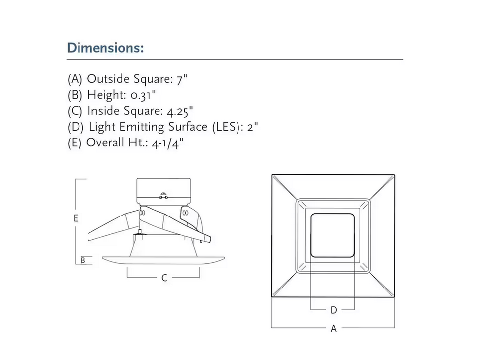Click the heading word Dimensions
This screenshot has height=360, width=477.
pos(105,48)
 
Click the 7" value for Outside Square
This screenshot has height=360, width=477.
pos(182,79)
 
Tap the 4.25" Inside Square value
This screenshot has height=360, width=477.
pos(180,111)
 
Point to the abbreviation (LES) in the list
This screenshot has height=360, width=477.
pos(227,127)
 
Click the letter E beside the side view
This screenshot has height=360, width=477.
pos(76,218)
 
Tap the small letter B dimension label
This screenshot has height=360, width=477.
pos(83,260)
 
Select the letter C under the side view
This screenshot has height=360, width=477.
pos(164,278)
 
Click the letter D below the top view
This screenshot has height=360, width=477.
pos(334,310)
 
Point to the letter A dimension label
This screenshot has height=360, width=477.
pos(334,328)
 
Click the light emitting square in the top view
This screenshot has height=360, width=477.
pos(333,235)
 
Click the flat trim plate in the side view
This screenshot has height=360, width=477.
pos(163,260)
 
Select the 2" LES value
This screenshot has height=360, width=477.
pos(253,127)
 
